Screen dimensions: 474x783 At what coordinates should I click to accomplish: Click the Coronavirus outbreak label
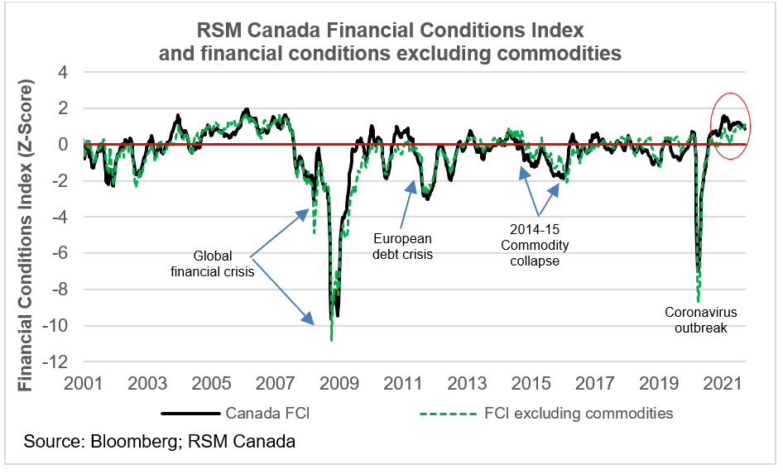click(701, 320)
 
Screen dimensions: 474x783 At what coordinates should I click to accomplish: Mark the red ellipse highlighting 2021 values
click(730, 127)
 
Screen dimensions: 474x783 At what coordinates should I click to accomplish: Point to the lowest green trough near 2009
click(332, 338)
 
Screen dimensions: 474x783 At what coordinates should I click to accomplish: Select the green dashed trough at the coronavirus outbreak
click(699, 299)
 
